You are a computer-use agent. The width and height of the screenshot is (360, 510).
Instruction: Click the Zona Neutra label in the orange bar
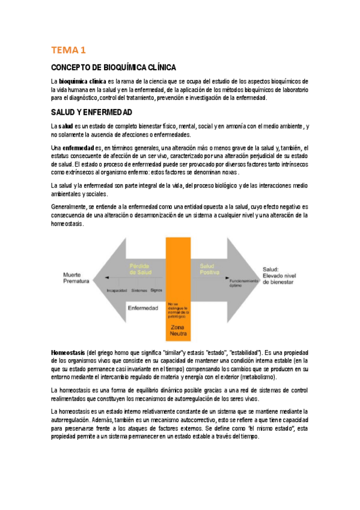pyautogui.click(x=178, y=330)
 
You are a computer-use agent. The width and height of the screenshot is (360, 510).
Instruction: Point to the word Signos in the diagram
pyautogui.click(x=157, y=289)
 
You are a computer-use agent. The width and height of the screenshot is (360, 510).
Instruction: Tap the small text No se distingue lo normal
pyautogui.click(x=178, y=309)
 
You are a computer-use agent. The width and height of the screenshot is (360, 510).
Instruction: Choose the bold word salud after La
pyautogui.click(x=66, y=126)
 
